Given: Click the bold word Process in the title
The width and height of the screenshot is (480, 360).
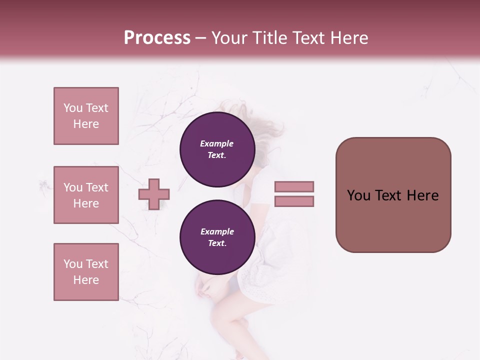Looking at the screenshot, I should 157,38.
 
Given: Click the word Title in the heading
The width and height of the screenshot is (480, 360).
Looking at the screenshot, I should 268,38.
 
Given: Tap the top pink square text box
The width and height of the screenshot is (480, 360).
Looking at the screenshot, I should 86,116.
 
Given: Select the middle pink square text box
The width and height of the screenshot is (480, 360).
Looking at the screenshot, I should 86,195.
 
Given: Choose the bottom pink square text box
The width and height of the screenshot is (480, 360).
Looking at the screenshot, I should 86,272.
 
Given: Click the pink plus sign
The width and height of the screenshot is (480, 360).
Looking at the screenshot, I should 154,194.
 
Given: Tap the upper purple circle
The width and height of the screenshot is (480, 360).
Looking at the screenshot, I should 217,149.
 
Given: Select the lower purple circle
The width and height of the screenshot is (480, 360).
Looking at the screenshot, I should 217,237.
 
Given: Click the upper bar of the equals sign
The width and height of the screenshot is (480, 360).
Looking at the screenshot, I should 294,186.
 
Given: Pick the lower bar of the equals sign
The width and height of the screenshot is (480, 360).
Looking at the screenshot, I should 294,201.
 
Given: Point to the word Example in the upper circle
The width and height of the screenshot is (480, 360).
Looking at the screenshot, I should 217,144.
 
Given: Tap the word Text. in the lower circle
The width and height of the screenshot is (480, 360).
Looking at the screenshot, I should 217,243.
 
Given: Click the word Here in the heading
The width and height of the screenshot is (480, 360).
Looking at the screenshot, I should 348,38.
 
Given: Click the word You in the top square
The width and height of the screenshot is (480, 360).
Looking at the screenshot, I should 73,108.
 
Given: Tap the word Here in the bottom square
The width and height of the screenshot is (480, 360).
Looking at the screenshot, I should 86,280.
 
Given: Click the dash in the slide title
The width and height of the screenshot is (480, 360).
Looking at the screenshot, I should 200,38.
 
